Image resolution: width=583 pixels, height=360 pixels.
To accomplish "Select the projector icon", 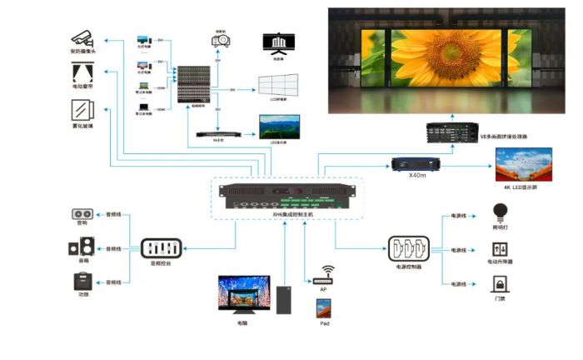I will (221, 39).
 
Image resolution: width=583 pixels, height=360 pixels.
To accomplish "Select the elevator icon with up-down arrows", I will (501, 247).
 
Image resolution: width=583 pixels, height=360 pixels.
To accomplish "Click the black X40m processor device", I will (415, 163).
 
